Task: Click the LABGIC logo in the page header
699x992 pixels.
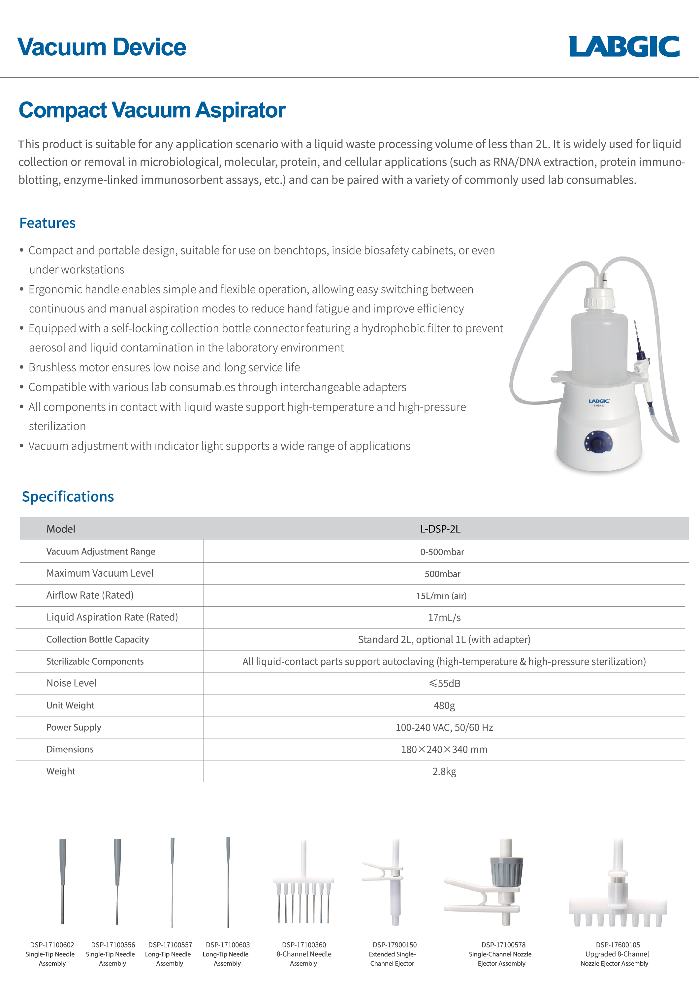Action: [624, 47]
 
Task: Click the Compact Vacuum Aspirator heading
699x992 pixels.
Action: [152, 110]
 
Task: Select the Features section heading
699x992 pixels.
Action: [48, 223]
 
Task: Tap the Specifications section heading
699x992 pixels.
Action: [68, 496]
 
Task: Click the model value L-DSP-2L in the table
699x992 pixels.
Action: [440, 529]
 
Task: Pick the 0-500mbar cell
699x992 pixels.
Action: [442, 552]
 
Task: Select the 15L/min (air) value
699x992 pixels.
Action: [441, 596]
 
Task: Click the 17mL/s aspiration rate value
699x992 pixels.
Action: [444, 617]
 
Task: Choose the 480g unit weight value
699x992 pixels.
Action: [444, 706]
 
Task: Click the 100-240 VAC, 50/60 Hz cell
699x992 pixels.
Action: [444, 728]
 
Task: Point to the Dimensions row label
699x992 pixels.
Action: [70, 749]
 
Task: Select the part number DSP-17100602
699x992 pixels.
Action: [52, 945]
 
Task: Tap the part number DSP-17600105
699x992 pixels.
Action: [618, 945]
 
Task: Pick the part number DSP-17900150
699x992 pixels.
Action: [394, 945]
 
